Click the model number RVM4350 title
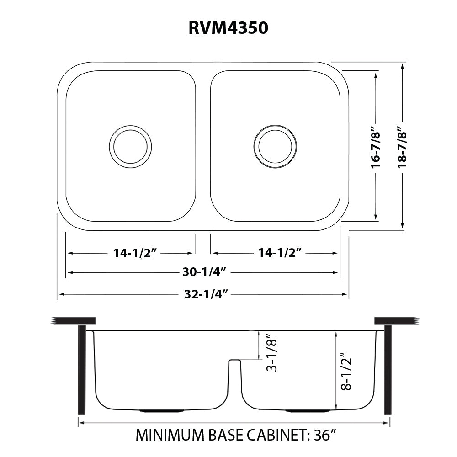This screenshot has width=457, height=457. tap(228, 29)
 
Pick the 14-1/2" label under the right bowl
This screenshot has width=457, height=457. tap(275, 253)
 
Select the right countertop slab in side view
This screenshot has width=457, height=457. tap(396, 321)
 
